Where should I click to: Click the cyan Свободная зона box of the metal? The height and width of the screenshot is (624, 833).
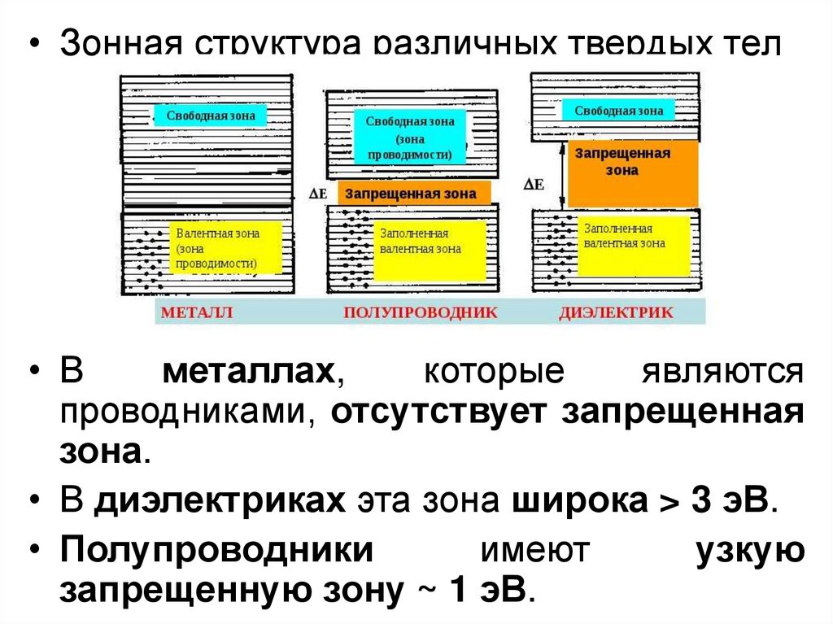(x=211, y=116)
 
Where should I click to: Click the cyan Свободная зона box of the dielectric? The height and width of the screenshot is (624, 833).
(x=618, y=111)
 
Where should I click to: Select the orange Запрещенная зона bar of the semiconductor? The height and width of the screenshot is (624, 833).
(x=410, y=194)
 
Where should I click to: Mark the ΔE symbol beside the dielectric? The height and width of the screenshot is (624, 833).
(x=533, y=185)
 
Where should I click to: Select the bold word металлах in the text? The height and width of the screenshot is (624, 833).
(x=250, y=373)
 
